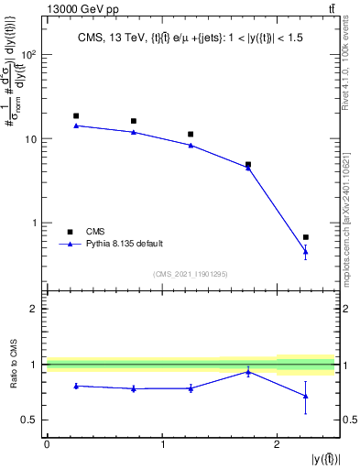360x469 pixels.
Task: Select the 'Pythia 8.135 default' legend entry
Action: point(125,244)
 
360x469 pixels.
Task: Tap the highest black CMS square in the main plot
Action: point(76,116)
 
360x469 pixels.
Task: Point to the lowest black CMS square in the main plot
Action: point(306,237)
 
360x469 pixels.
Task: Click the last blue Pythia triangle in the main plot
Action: point(306,252)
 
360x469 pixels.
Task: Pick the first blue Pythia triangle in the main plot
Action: point(76,125)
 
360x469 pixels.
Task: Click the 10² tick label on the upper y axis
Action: point(27,54)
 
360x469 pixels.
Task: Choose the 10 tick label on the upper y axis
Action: point(30,138)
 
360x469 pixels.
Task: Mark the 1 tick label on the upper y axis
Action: point(35,223)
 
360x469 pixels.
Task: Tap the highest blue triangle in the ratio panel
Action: point(248,372)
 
